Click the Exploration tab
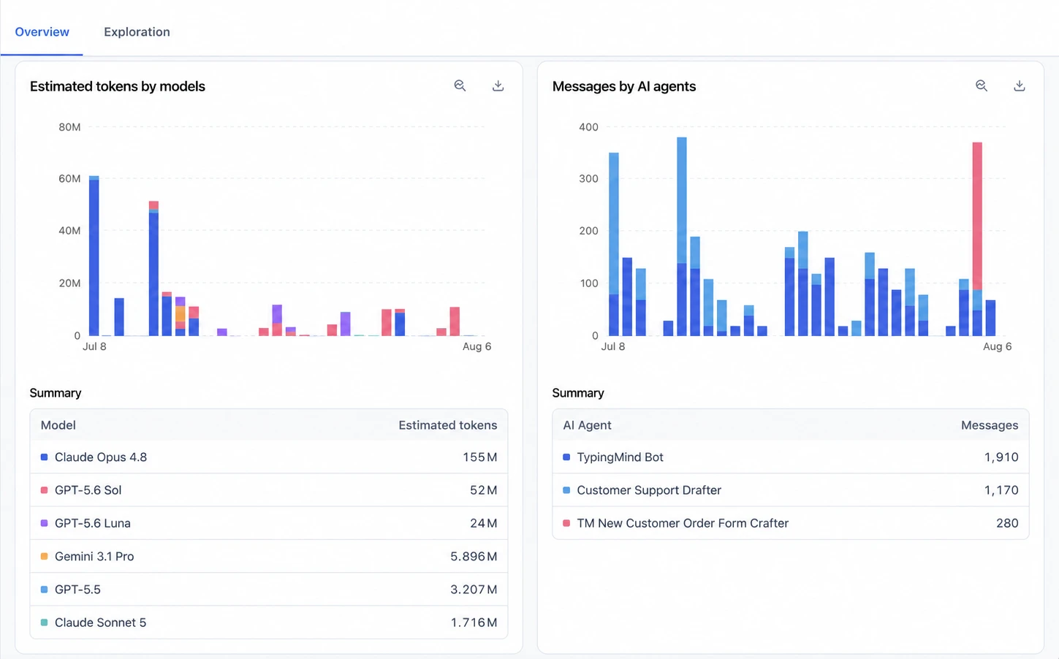(x=137, y=31)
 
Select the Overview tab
(x=42, y=31)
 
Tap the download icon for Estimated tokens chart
(x=498, y=85)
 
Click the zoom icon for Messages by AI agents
(x=982, y=85)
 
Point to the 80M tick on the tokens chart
(x=69, y=126)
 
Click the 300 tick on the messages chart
(x=588, y=178)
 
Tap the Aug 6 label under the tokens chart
(x=477, y=346)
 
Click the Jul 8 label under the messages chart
(x=612, y=346)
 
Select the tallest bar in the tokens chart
(x=94, y=256)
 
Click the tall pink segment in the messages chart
(x=977, y=216)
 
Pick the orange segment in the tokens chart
(x=180, y=314)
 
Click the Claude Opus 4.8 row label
(x=101, y=457)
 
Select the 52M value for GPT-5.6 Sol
(x=483, y=490)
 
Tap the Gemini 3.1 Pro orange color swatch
(x=44, y=557)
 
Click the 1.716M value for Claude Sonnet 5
(x=474, y=622)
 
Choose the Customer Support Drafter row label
(x=649, y=490)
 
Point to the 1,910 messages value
(x=1001, y=457)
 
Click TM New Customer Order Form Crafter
(x=682, y=523)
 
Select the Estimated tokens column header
(x=448, y=425)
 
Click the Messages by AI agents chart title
(x=624, y=86)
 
